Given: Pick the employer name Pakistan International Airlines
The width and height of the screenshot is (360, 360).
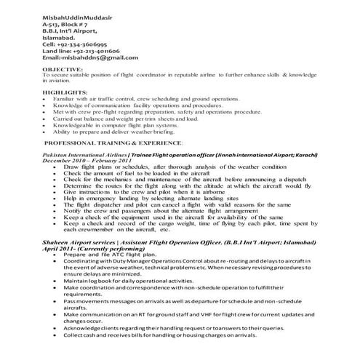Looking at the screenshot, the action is coord(85,155).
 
